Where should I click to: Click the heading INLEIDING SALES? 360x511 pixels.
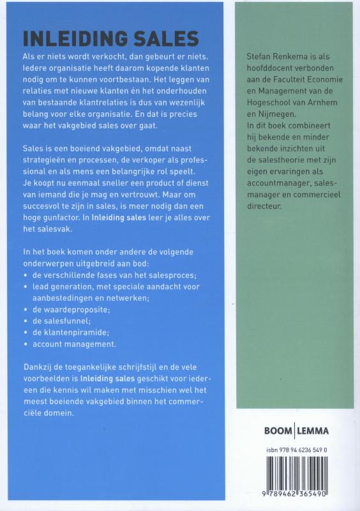(110, 38)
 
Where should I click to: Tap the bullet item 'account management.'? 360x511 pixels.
(74, 344)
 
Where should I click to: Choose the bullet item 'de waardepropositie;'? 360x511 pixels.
(71, 309)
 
